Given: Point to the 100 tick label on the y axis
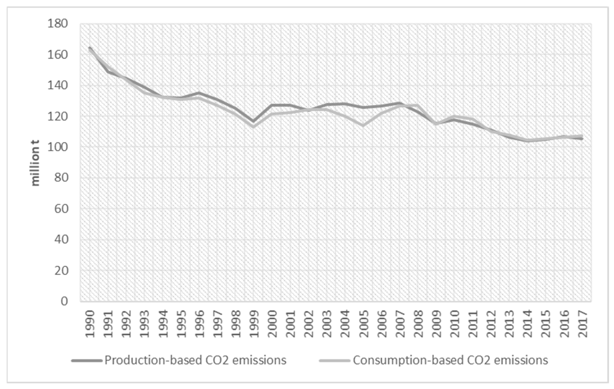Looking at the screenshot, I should pos(58,147).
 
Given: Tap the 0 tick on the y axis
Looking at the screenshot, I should pos(64,301).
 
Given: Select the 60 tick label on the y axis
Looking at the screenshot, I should pos(61,209).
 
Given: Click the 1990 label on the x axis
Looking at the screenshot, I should pos(90,324).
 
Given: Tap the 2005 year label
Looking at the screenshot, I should pos(363,324).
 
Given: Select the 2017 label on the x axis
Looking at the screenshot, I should pos(582,324).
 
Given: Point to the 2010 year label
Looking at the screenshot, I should pos(454,324).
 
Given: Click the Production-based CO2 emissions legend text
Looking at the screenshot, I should pos(195,360).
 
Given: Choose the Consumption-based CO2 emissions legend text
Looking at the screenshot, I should pos(450,360).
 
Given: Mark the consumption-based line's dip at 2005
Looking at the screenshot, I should pos(363,125).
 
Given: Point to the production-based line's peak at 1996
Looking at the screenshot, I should pos(199,93).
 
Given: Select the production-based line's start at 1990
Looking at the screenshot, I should pos(89,48).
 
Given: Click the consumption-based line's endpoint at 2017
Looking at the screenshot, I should pos(582,136).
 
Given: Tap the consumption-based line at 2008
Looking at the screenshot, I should pos(418,105).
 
